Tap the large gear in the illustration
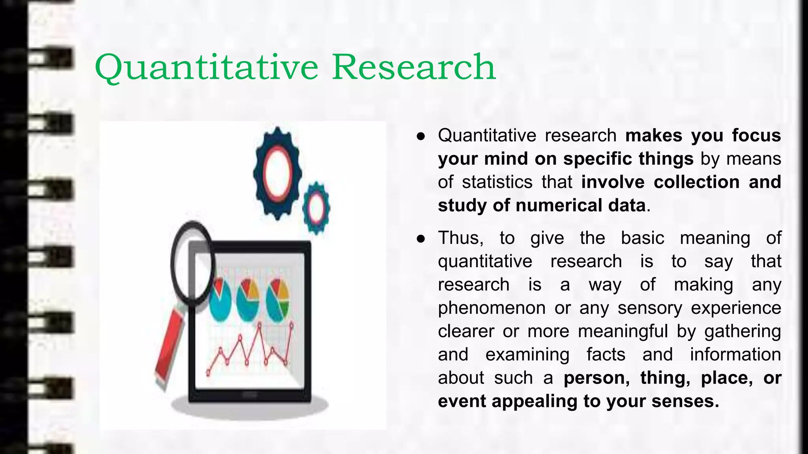coord(277,173)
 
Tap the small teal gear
coord(316,208)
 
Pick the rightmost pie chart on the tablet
coord(277,300)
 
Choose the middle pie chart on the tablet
coord(248,300)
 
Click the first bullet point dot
coord(421,136)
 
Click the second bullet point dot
coord(421,238)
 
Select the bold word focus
coord(756,135)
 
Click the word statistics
coord(497,182)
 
